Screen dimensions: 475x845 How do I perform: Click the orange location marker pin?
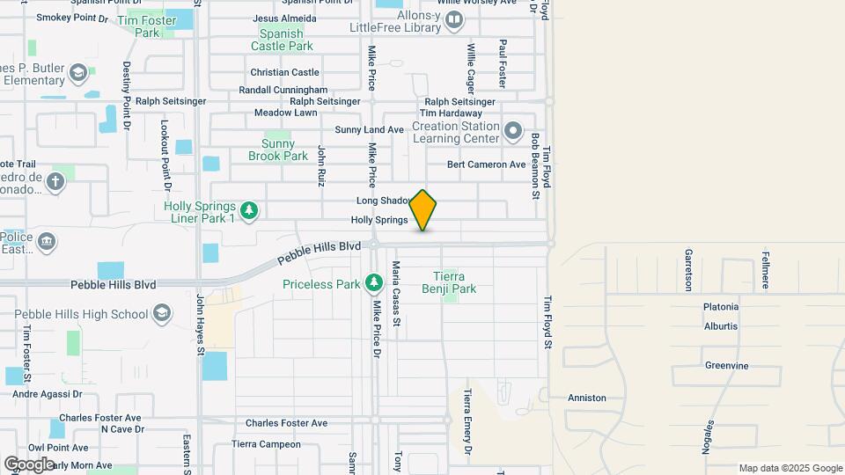423,210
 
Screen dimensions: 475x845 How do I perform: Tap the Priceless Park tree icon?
374,282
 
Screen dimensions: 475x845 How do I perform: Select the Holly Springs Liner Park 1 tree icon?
250,209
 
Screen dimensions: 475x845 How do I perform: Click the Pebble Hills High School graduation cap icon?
162,313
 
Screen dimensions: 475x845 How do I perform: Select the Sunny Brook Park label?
284,150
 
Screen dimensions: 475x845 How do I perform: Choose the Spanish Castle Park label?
282,40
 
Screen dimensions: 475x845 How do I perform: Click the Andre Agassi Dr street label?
47,394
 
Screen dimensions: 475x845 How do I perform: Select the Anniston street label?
587,398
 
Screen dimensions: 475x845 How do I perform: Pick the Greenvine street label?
726,365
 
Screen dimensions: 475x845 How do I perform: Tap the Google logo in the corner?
29,464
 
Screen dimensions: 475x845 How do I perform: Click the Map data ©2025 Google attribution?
790,468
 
